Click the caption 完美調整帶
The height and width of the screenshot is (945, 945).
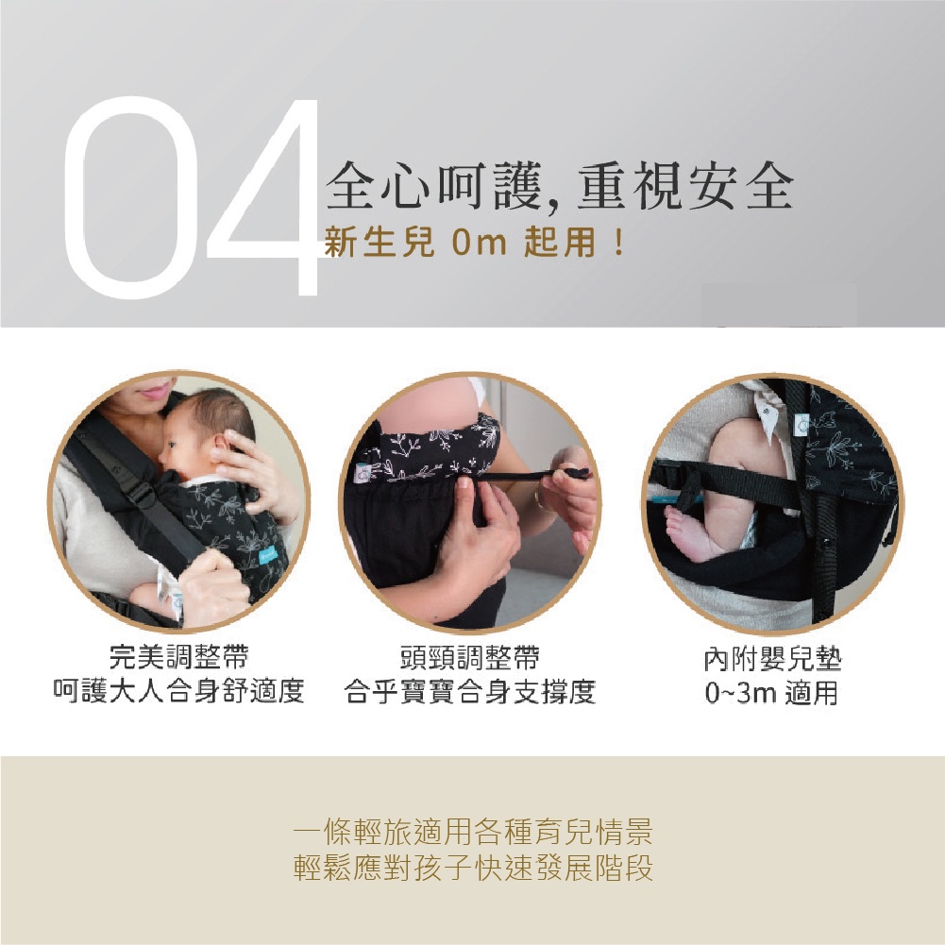(179, 656)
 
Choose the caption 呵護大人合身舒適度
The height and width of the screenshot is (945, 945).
(179, 691)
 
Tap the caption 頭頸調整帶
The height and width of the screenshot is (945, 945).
(470, 656)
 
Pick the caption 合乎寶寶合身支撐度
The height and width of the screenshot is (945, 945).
(470, 691)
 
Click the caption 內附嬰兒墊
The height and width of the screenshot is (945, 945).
(772, 659)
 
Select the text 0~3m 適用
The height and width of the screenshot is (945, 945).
(772, 693)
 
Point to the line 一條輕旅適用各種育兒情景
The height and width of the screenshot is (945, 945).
(473, 833)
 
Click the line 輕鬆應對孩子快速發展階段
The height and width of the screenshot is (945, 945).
(473, 869)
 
